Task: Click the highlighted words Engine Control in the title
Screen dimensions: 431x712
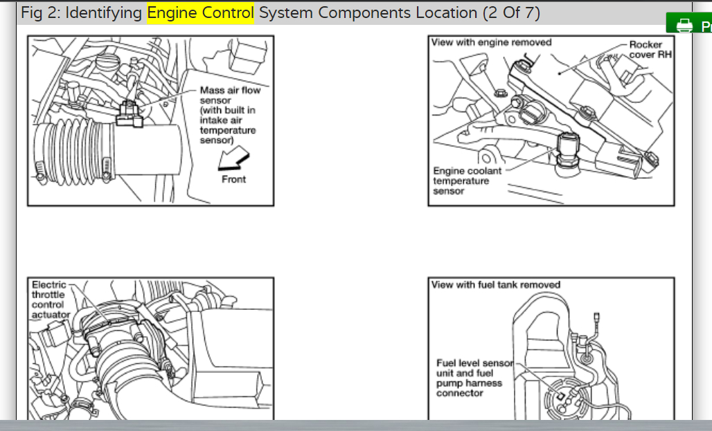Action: pos(200,13)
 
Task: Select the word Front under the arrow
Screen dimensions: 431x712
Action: pos(233,179)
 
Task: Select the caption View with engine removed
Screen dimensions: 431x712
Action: pos(491,43)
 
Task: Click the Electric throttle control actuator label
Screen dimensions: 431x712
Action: pos(50,300)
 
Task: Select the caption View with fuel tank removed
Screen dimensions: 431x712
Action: pos(495,284)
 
